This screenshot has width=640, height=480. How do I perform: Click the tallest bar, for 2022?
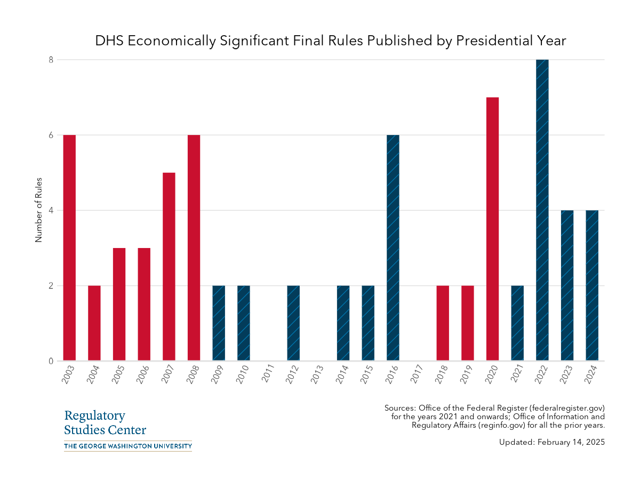click(542, 210)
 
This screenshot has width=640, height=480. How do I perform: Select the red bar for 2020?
click(492, 229)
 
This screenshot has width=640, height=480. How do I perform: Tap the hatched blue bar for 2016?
click(393, 248)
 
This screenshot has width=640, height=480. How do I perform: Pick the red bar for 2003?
click(69, 248)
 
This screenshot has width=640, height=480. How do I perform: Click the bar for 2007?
click(169, 267)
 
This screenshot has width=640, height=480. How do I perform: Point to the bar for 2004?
click(94, 323)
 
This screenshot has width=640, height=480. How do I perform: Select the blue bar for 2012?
click(293, 323)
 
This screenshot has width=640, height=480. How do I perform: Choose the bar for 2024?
click(592, 285)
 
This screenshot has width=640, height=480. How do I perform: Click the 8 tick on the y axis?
click(51, 60)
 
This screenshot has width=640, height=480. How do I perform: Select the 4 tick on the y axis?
click(51, 210)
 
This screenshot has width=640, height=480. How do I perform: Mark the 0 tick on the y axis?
click(51, 361)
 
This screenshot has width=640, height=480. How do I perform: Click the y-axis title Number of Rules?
click(38, 210)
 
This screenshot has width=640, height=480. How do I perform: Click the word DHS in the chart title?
click(110, 41)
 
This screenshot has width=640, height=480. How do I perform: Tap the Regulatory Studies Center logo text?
click(105, 422)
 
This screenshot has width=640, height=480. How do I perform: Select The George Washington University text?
click(127, 446)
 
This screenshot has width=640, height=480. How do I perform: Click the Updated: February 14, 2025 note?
click(552, 442)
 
